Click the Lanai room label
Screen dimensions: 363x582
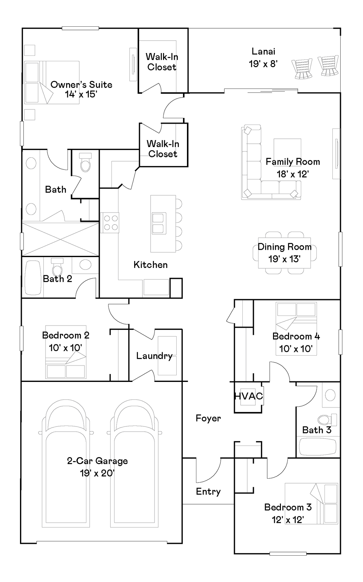pyautogui.click(x=263, y=52)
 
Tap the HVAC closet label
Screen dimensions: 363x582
pyautogui.click(x=248, y=396)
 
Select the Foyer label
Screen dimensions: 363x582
pyautogui.click(x=208, y=418)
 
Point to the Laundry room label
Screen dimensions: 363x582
pyautogui.click(x=154, y=356)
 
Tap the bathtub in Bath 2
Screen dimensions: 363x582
pyautogui.click(x=33, y=278)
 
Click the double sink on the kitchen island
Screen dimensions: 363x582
pyautogui.click(x=159, y=223)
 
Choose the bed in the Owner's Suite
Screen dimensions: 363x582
pyautogui.click(x=52, y=82)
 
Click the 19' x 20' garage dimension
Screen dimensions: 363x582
pyautogui.click(x=97, y=473)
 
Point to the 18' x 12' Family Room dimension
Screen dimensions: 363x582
pyautogui.click(x=293, y=174)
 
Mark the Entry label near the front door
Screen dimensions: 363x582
pyautogui.click(x=208, y=491)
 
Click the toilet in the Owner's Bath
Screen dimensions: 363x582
pyautogui.click(x=85, y=162)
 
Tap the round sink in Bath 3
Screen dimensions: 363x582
pyautogui.click(x=330, y=395)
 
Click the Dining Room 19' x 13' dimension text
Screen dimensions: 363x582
pyautogui.click(x=284, y=259)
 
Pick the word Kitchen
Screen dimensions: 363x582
pyautogui.click(x=151, y=265)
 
